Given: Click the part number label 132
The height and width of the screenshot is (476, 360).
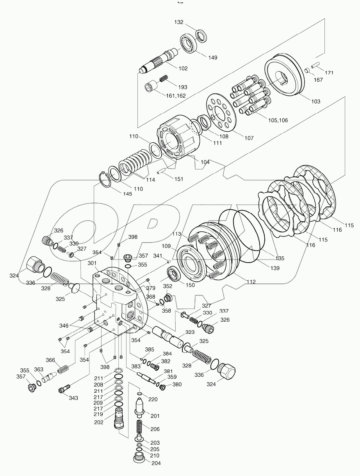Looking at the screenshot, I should pyautogui.click(x=178, y=23).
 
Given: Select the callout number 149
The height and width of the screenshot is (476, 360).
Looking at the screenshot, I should pyautogui.click(x=212, y=58).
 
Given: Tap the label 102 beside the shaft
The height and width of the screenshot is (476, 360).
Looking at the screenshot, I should pyautogui.click(x=183, y=68).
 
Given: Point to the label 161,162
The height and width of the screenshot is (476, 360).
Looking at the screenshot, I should pyautogui.click(x=176, y=95).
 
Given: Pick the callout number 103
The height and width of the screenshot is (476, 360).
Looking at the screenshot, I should pyautogui.click(x=315, y=101).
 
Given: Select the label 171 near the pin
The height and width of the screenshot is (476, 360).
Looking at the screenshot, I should pyautogui.click(x=330, y=73).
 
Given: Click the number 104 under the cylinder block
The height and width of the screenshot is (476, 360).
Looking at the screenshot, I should pyautogui.click(x=205, y=162).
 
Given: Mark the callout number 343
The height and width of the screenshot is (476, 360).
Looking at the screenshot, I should pyautogui.click(x=73, y=398).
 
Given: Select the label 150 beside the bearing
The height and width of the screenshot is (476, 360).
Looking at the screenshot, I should pyautogui.click(x=190, y=285).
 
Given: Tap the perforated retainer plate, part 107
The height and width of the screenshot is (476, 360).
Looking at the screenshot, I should pyautogui.click(x=221, y=113).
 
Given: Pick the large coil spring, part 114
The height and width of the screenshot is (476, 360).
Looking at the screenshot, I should pyautogui.click(x=135, y=164).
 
